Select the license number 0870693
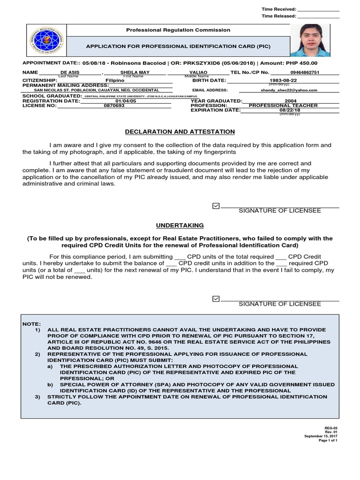115,105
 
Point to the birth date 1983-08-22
285,81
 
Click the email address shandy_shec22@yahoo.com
289,90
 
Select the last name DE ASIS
70,73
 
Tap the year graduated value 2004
291,101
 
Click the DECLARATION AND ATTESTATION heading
180,132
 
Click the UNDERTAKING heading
180,225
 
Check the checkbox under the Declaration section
216,205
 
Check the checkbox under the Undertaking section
216,298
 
